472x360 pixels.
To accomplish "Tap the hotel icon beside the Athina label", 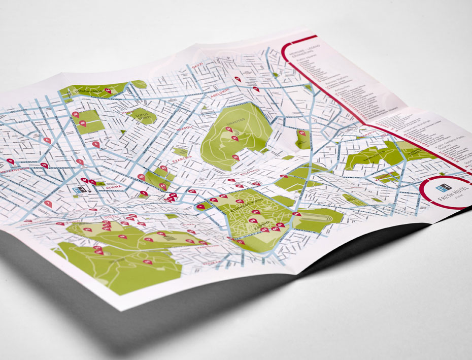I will tap(79, 189).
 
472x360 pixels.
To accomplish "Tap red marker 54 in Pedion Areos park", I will tap(108, 90).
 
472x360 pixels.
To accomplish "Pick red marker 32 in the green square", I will tap(75, 114).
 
